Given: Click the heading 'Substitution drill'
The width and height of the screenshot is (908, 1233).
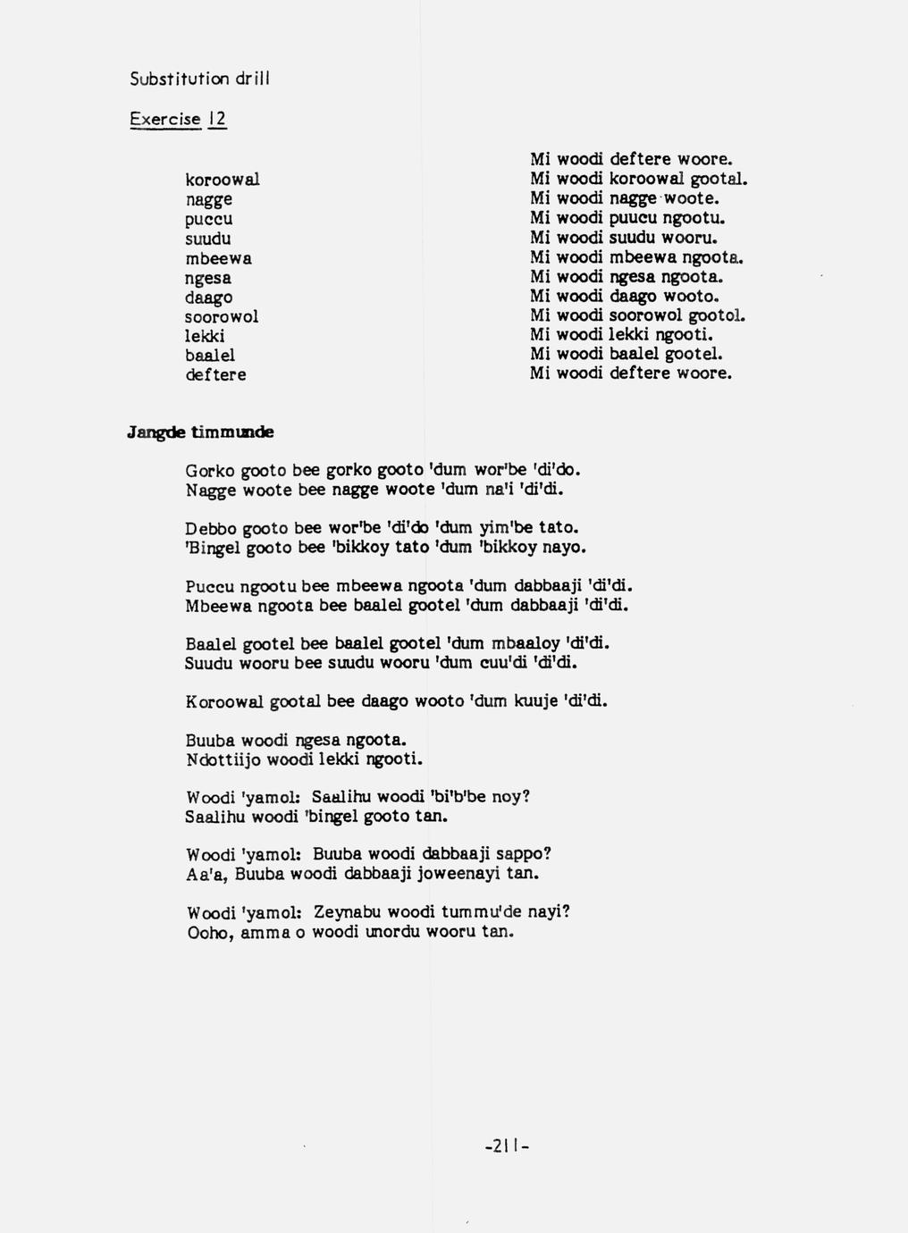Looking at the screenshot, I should click(x=199, y=79).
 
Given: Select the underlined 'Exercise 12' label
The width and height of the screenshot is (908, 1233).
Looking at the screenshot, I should click(x=178, y=119).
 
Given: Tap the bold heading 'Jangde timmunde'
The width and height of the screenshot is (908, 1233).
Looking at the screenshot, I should click(x=200, y=432).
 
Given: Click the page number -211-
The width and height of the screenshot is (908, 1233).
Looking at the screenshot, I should click(x=507, y=1145).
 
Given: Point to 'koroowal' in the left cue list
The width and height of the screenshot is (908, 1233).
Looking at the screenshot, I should click(x=223, y=180).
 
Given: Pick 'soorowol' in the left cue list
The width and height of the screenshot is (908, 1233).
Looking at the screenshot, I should click(x=222, y=317).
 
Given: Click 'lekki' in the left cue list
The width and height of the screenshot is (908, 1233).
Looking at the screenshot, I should click(x=205, y=337).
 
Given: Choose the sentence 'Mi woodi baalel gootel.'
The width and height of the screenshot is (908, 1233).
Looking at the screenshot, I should click(x=626, y=354).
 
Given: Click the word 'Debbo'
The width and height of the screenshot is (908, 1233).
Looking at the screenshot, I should click(x=210, y=528).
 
